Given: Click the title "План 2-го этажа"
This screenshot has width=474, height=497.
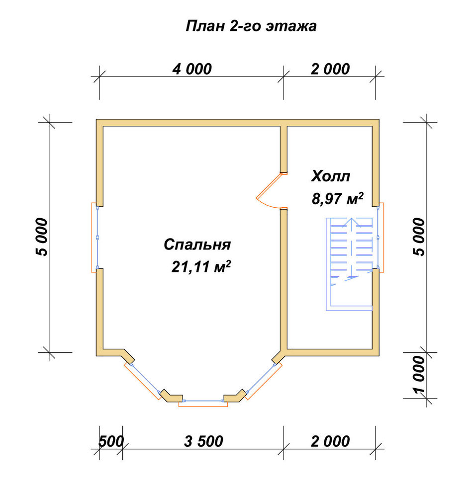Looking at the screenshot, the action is (x=251, y=26).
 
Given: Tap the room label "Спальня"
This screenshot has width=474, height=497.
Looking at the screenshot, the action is (x=197, y=245).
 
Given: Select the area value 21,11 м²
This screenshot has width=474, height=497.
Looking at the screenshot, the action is (x=201, y=266).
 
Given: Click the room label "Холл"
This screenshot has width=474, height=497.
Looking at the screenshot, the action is (x=331, y=176).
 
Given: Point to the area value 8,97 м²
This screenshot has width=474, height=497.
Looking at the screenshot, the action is (x=337, y=199).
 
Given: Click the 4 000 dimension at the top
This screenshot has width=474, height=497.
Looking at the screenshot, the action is (x=192, y=69).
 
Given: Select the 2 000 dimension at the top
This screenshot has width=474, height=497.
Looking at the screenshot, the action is (x=330, y=69).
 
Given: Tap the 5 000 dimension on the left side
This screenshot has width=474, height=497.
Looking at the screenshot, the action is (x=42, y=237).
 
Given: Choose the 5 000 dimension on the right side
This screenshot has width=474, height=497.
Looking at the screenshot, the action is (x=418, y=237).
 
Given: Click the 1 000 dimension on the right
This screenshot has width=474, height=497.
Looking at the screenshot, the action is (x=418, y=375).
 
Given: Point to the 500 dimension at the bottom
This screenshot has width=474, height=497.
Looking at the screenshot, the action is (x=111, y=441).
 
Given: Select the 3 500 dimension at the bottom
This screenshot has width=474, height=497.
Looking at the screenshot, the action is (x=203, y=441).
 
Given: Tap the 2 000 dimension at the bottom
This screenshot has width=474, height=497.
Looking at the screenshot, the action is (x=330, y=441).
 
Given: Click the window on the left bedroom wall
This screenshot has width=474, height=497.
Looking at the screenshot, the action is (x=95, y=238).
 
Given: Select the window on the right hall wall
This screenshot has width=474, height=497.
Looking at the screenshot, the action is (x=380, y=238).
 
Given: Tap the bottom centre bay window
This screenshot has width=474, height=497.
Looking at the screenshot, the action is (x=203, y=403).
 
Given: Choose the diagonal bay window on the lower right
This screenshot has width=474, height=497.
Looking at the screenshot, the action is (x=263, y=380).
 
